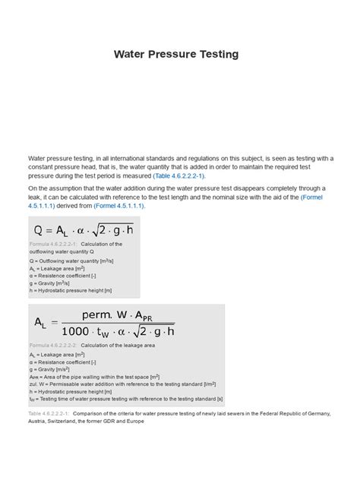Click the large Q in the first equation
coord(39,230)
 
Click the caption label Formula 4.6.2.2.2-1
coord(51,244)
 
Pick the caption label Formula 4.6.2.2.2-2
coord(52,345)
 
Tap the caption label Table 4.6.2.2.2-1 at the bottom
coord(49,414)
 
